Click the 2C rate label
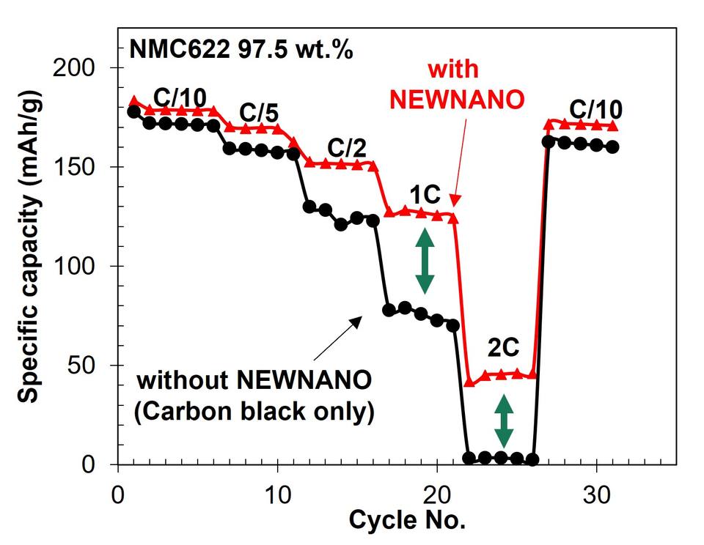point(506,346)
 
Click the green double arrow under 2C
point(503,420)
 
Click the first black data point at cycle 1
point(133,111)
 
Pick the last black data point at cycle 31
point(612,147)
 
